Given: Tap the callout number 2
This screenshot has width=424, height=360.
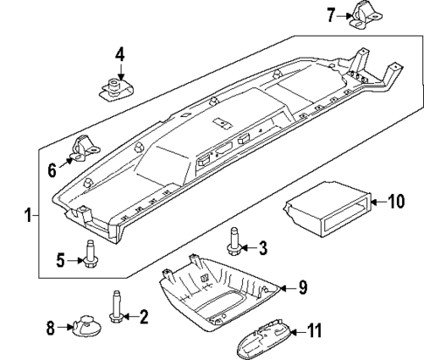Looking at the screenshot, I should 144,315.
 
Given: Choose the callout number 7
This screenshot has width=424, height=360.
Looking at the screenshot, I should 331,14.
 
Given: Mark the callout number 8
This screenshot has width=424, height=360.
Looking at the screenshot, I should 50,329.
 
